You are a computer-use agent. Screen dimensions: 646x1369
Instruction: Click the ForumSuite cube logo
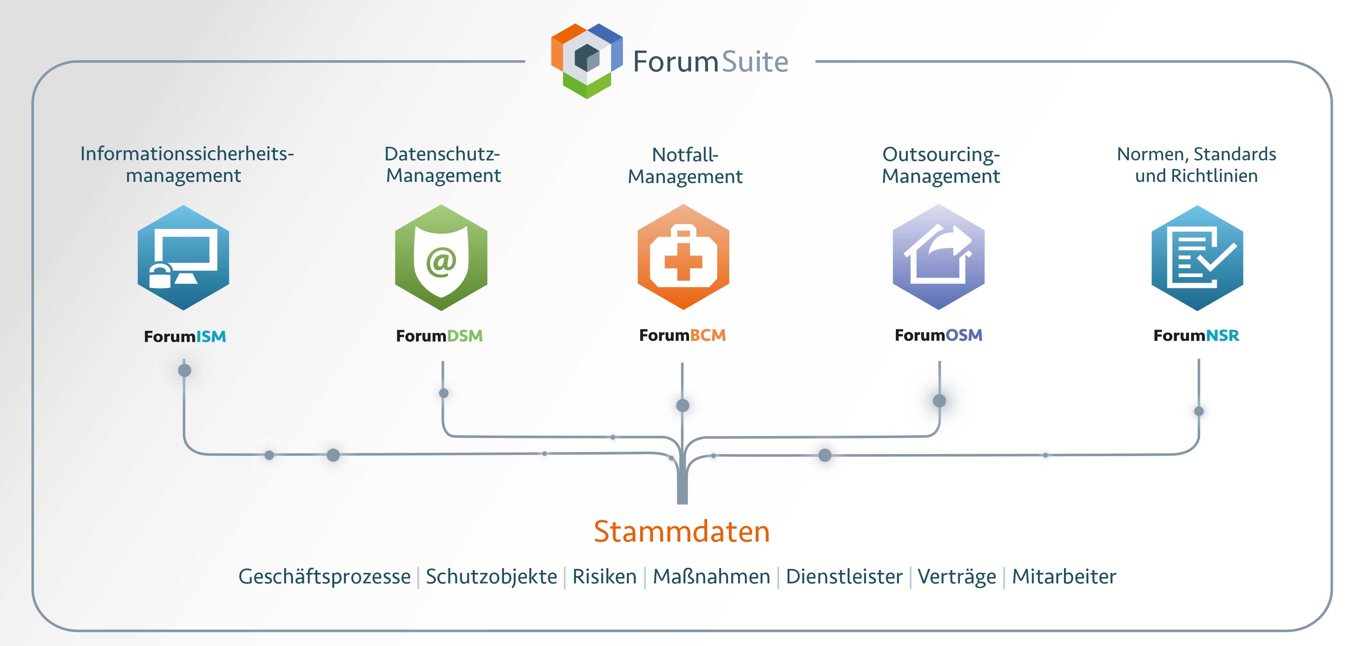[587, 60]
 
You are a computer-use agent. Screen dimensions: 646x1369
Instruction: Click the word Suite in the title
[755, 62]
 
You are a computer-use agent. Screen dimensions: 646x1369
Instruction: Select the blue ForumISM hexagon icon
[183, 258]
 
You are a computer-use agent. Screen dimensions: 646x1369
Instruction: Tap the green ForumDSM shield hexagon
[441, 258]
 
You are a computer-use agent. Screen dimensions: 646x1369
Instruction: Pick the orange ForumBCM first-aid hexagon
[683, 257]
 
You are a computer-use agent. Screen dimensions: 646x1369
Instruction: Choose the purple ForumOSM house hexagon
[938, 257]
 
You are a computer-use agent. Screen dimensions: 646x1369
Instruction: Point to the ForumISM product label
[185, 336]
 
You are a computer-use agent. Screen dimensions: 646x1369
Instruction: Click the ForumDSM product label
[439, 336]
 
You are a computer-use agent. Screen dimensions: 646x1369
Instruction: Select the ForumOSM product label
[938, 335]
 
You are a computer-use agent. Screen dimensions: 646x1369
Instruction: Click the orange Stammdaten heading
[682, 531]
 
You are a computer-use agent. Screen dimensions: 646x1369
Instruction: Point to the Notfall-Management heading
[685, 165]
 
